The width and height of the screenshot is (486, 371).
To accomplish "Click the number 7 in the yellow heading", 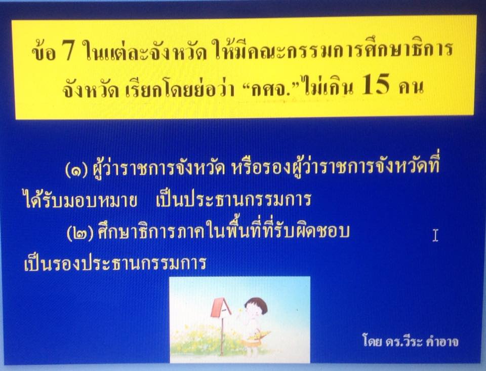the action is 68,50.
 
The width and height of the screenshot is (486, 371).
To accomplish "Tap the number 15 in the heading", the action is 375,84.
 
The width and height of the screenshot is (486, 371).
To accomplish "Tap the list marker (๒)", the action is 79,233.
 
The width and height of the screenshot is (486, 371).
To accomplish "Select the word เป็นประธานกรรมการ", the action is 234,199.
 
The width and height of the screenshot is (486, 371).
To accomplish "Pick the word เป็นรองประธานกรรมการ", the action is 115,263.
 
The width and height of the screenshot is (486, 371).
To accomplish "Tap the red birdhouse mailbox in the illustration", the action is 221,308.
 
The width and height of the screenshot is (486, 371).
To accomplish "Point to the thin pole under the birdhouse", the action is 222,336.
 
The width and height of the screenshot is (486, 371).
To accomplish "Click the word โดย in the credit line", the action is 372,340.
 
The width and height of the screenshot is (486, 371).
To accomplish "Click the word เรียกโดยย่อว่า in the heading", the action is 180,88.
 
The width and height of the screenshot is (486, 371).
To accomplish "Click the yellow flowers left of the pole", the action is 195,340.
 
